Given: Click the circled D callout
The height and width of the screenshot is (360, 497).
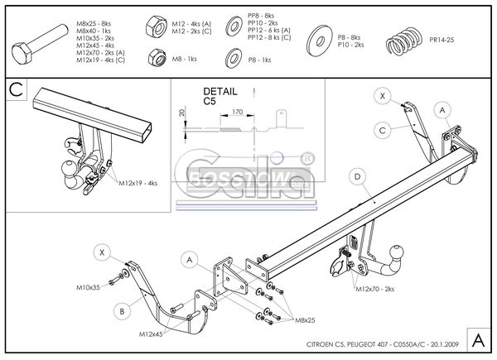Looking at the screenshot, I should click(x=357, y=176).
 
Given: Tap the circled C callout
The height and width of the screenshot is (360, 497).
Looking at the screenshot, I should click(x=383, y=128).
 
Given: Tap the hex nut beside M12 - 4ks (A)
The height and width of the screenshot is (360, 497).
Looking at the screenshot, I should click(x=156, y=25).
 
